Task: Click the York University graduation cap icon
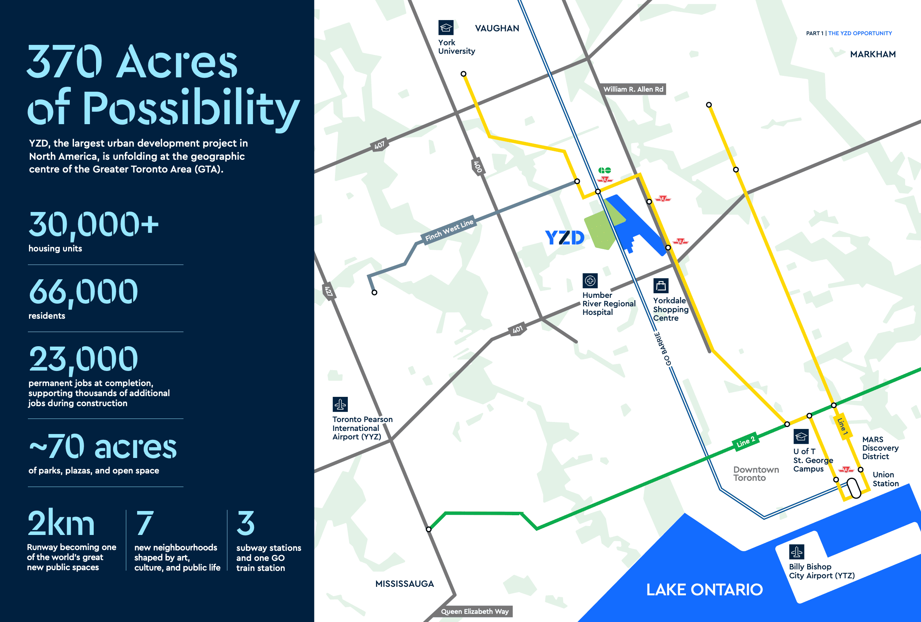pyautogui.click(x=446, y=28)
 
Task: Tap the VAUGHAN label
pyautogui.click(x=497, y=29)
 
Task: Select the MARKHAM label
pyautogui.click(x=873, y=54)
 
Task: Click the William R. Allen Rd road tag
pyautogui.click(x=633, y=89)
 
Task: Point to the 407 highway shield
pyautogui.click(x=379, y=145)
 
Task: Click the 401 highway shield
pyautogui.click(x=517, y=330)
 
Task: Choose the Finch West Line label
pyautogui.click(x=449, y=230)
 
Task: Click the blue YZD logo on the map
pyautogui.click(x=564, y=238)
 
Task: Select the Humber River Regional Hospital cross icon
pyautogui.click(x=590, y=281)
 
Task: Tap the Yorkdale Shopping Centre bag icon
pyautogui.click(x=661, y=285)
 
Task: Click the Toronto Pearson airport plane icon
pyautogui.click(x=340, y=404)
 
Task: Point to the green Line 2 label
pyautogui.click(x=746, y=441)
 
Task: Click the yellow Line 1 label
pyautogui.click(x=842, y=427)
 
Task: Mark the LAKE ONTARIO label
pyautogui.click(x=704, y=590)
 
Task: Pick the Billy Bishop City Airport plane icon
pyautogui.click(x=797, y=552)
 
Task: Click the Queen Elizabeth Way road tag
pyautogui.click(x=475, y=611)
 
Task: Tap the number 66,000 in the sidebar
pyautogui.click(x=83, y=292)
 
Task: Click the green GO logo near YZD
pyautogui.click(x=604, y=170)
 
